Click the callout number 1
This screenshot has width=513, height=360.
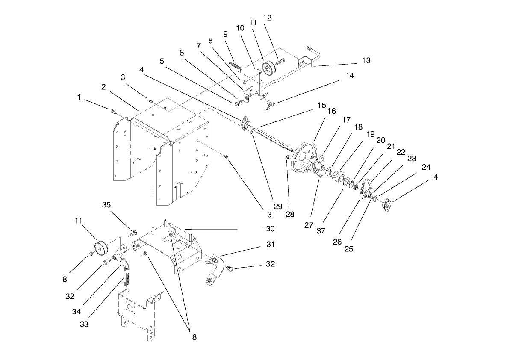79,97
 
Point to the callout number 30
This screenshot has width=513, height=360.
270,229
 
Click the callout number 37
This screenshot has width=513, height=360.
321,230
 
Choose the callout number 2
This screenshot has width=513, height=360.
103,87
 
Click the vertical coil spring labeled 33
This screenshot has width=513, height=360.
127,281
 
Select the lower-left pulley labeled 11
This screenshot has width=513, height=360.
101,248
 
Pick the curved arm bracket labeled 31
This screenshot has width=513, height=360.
216,269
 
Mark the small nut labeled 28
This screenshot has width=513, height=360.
288,158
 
